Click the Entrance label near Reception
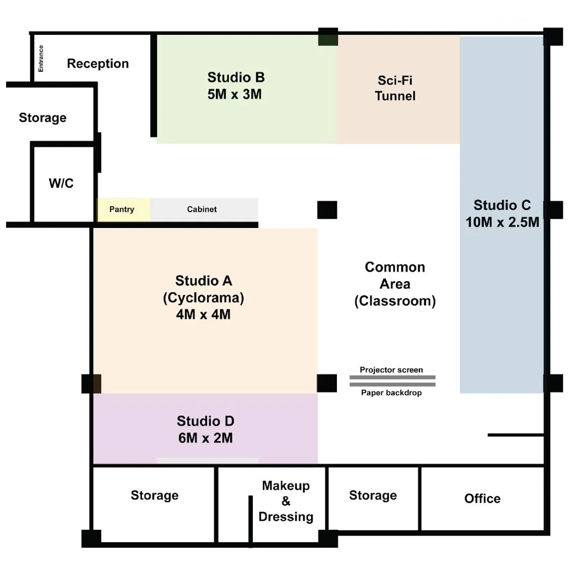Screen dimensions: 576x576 pos(41,58)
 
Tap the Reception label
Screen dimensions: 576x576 pos(98,63)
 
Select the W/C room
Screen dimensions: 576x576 pos(61,183)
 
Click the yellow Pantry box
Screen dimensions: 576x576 pos(122,209)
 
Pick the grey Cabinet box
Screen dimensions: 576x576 pos(203,209)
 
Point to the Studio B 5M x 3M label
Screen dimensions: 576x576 pos(236,86)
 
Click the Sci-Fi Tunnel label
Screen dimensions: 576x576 pos(395,88)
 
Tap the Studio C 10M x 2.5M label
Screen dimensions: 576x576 pos(502,213)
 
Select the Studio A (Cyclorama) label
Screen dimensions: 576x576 pos(203,297)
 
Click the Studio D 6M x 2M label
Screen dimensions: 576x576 pos(205,429)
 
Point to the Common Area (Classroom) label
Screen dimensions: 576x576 pos(395,284)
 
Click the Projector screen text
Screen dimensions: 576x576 pos(391,370)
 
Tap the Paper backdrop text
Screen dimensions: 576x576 pos(391,393)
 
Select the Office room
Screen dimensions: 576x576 pos(482,498)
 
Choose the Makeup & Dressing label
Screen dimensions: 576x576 pos(286,501)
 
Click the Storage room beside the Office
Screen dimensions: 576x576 pos(373,495)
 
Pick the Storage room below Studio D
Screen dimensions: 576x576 pos(155,495)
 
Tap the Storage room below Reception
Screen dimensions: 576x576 pos(43,118)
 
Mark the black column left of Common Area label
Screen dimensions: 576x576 pos(327,210)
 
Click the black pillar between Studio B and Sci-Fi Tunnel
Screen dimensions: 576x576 pos(328,37)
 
